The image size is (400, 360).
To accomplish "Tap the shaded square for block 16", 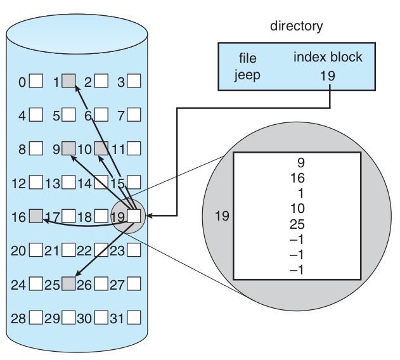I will (x=37, y=216).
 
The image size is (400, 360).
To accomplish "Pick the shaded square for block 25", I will (x=69, y=283).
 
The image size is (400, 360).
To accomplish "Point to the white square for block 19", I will (x=134, y=216).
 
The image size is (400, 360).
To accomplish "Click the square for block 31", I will (x=134, y=317).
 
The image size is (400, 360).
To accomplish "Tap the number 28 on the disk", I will (x=18, y=318).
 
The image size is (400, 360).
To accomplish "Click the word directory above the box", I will (x=296, y=26).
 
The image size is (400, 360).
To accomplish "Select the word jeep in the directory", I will (x=247, y=75).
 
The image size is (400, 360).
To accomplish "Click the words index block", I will (x=328, y=57).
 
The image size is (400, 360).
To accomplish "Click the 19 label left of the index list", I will (x=222, y=216).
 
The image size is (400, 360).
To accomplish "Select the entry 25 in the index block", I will (x=296, y=224).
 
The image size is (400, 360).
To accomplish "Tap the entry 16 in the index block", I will (x=296, y=178).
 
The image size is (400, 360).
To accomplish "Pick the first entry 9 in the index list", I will (x=300, y=163).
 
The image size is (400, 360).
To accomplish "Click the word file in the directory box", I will (x=247, y=58).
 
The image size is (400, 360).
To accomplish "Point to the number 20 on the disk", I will (x=18, y=250).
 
